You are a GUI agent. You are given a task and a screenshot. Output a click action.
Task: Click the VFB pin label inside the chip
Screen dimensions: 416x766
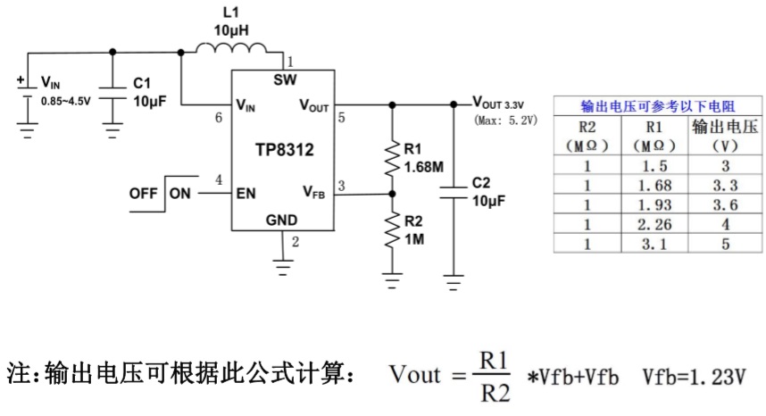(x=314, y=191)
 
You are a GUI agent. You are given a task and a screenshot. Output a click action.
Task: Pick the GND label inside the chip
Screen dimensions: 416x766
(x=283, y=220)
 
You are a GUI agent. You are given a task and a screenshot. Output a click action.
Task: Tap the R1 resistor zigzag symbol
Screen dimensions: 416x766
(x=391, y=158)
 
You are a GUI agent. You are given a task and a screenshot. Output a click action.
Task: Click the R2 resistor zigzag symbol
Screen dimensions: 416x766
(x=391, y=233)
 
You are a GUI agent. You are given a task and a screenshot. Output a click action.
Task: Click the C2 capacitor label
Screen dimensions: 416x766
(x=480, y=183)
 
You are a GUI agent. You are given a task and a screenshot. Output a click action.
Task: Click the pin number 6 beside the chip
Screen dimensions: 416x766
(x=220, y=117)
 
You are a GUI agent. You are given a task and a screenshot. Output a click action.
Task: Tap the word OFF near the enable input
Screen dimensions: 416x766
(x=143, y=193)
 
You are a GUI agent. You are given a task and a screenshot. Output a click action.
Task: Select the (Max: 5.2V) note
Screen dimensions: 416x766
(x=505, y=119)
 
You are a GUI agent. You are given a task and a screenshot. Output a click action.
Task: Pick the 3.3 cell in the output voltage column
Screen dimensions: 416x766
(x=725, y=185)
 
